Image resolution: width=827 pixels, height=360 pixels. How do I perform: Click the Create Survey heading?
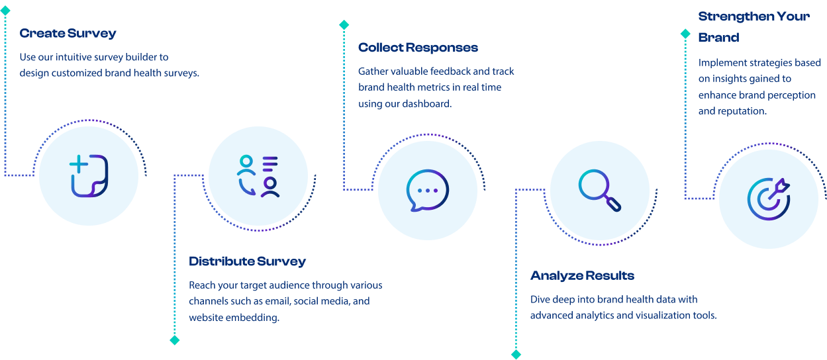point(68,33)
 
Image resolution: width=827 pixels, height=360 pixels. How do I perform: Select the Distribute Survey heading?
point(247,261)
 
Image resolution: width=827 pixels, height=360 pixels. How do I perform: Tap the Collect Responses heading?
point(418,48)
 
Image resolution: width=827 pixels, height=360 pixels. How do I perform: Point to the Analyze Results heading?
point(582,275)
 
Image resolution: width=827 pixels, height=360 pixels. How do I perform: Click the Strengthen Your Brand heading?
point(754,26)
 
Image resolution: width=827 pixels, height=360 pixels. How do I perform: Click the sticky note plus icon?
point(89,175)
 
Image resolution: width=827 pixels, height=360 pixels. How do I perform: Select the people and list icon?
point(258,176)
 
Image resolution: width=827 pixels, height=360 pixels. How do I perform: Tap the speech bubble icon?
point(427,191)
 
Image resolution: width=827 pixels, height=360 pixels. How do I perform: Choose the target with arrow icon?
point(768,199)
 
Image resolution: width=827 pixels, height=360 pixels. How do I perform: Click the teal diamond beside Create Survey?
point(5,11)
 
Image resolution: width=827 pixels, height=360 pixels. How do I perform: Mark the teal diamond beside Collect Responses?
point(344,25)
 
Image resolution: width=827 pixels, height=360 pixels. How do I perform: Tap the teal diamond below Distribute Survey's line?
point(175,340)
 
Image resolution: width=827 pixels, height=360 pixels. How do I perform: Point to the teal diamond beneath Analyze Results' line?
point(516,354)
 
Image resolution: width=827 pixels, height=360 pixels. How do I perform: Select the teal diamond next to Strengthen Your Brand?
point(685,33)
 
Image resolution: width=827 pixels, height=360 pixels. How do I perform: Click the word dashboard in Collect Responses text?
point(429,104)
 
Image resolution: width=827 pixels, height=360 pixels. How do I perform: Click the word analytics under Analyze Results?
point(592,315)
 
